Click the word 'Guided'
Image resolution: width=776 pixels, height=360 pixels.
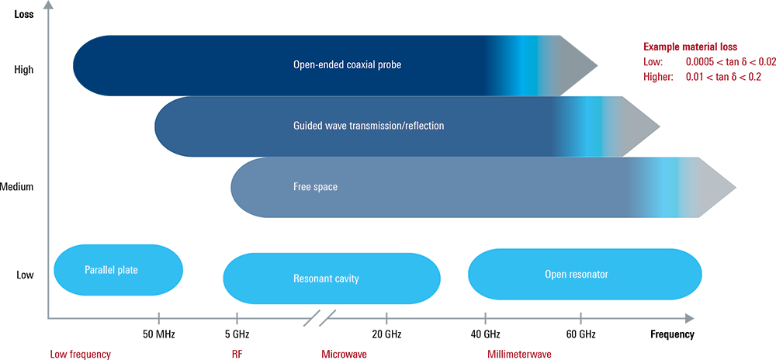tap(308, 126)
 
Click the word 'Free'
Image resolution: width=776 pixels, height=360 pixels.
tap(303, 187)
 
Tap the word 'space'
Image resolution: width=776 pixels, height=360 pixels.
tap(326, 187)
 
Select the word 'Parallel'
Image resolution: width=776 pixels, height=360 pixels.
tap(101, 271)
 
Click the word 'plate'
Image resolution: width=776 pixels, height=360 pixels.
tap(133, 271)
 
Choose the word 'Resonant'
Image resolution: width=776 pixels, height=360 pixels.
tap(314, 279)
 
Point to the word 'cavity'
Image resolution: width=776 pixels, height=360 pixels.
tap(348, 279)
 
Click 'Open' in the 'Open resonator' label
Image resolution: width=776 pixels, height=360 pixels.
tap(558, 274)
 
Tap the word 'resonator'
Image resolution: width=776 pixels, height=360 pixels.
tap(591, 274)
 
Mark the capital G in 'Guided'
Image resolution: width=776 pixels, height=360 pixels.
tap(297, 126)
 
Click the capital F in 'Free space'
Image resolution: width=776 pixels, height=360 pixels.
tap(296, 187)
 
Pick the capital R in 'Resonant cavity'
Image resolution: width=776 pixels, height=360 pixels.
tap(296, 279)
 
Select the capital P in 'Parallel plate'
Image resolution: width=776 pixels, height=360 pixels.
tap(87, 271)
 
